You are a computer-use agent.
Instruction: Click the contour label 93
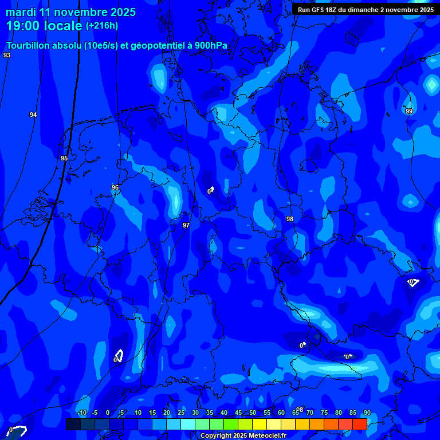click(x=7, y=55)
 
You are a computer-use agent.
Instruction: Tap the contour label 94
click(x=33, y=115)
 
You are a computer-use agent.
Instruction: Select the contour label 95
click(x=64, y=158)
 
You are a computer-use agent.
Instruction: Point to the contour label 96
click(x=115, y=187)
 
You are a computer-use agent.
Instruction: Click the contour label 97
click(x=186, y=225)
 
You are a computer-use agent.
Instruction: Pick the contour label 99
click(x=408, y=111)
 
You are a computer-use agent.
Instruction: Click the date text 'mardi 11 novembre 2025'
click(x=70, y=12)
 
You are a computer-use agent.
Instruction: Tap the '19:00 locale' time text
click(x=44, y=26)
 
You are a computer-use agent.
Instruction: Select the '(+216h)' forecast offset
click(x=102, y=25)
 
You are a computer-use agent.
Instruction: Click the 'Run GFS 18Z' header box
click(x=366, y=9)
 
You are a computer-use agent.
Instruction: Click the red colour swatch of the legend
click(x=359, y=424)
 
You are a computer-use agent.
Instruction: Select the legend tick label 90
click(x=367, y=412)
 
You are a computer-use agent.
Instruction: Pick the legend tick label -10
click(x=81, y=412)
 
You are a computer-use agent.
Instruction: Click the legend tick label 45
click(x=238, y=412)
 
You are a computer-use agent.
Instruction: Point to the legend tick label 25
click(x=181, y=412)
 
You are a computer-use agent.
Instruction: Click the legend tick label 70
click(x=310, y=412)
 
